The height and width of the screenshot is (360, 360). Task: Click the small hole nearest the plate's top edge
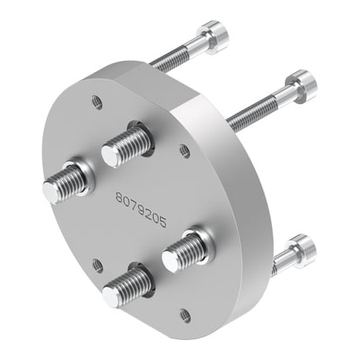pos(97,102)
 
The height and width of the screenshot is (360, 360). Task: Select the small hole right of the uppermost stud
pos(184,149)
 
